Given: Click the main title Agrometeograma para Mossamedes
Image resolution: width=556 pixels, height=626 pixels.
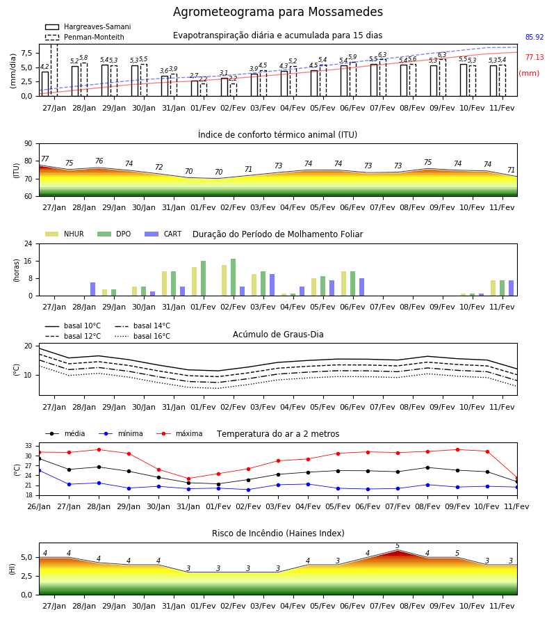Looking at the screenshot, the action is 277,12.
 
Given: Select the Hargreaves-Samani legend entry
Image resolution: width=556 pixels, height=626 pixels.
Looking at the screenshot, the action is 88,26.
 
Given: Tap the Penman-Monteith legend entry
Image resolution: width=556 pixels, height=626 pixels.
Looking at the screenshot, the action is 85,37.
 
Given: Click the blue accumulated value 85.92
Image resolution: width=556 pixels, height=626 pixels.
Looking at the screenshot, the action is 534,37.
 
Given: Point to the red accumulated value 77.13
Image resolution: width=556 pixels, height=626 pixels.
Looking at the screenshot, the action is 534,57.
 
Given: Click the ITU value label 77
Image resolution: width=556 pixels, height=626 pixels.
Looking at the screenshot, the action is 45,159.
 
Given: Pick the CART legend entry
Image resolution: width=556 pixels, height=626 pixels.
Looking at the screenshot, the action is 163,234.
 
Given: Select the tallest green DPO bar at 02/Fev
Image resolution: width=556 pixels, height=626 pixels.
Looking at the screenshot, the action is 234,278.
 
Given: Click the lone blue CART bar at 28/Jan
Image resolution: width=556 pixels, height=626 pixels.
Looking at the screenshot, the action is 93,289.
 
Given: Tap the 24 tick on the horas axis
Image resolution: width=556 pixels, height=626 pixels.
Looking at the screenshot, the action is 28,243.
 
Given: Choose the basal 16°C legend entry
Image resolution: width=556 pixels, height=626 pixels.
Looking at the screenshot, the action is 142,336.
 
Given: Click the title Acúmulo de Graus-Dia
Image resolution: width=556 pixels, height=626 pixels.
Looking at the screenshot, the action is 278,334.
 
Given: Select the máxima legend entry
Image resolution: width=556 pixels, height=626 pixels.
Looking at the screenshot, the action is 179,433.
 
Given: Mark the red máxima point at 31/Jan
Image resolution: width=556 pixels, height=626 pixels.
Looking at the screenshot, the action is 188,479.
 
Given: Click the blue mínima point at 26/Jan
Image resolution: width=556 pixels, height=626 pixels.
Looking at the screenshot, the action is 40,471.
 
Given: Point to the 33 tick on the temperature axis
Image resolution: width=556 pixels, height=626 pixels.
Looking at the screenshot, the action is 28,446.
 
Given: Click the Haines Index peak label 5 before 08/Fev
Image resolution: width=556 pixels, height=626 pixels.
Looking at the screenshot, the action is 398,546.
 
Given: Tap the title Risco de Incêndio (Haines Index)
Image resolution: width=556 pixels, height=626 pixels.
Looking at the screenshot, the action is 278,533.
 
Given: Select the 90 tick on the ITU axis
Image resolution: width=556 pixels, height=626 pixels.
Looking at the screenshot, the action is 28,144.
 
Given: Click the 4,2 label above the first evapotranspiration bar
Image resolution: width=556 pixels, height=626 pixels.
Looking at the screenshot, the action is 44,67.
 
